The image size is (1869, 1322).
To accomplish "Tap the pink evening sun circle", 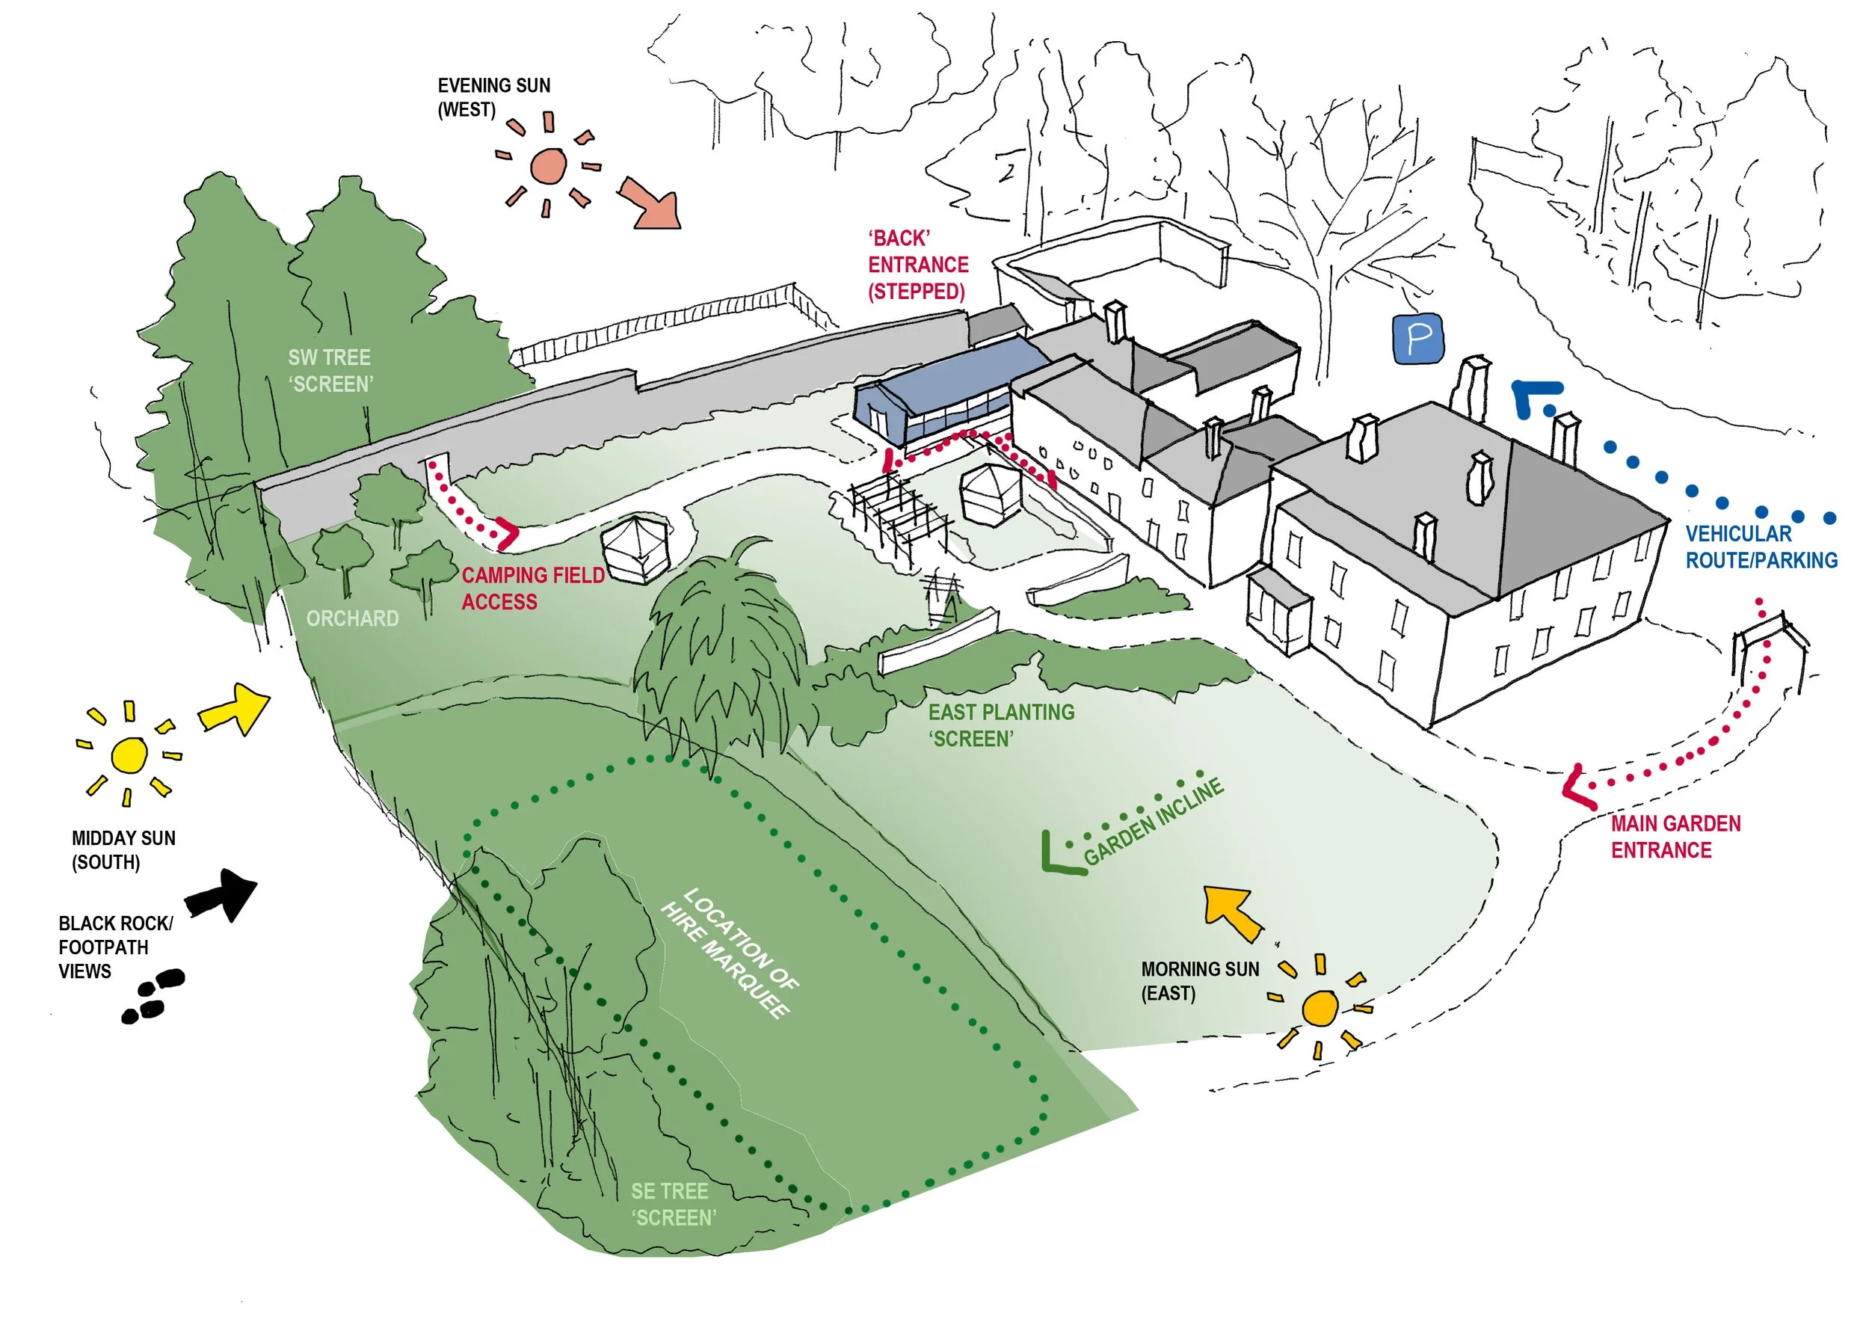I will coord(548,166).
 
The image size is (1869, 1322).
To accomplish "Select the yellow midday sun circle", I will coord(129,754).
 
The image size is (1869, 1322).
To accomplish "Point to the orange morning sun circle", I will coord(1320,1009).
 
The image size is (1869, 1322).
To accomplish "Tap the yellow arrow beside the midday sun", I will coord(235,709).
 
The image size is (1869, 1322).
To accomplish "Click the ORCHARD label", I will coord(352,618).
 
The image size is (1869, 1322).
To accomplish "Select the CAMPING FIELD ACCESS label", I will coord(532,588).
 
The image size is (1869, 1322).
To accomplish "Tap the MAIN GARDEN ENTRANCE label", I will coord(1675,837).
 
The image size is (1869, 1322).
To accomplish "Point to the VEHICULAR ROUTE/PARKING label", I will coord(1761,547).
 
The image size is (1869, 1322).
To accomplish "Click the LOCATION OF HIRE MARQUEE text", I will coord(730,953).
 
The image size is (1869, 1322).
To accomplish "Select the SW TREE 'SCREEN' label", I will coord(330,370).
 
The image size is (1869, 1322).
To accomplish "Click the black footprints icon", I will coord(153,994).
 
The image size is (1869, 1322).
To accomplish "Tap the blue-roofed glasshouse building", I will coord(944,388).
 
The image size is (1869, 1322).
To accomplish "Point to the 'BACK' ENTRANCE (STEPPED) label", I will coord(917,265).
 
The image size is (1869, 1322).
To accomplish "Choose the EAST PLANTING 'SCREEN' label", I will coord(1000,725).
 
